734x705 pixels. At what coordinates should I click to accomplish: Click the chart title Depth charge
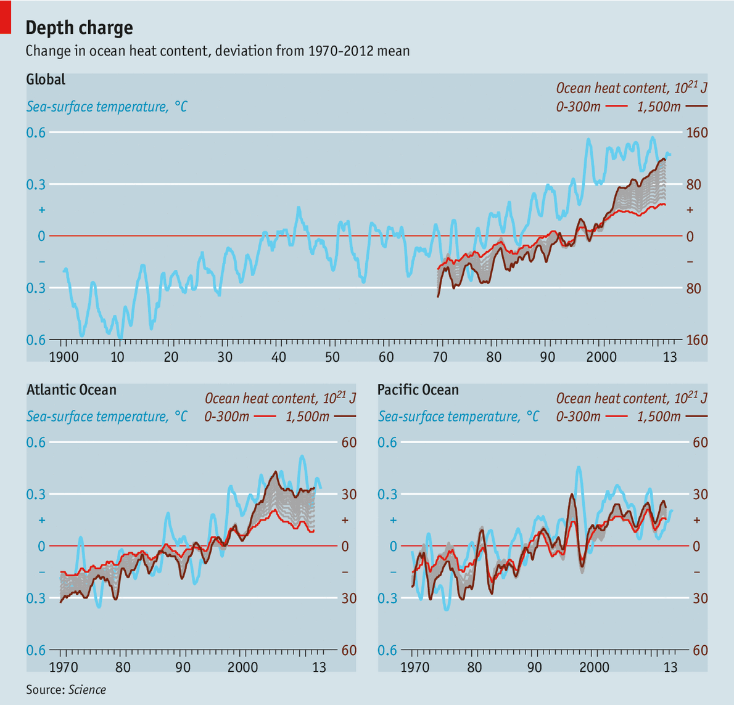[x=79, y=28]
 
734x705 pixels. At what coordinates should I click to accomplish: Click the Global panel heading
[x=46, y=79]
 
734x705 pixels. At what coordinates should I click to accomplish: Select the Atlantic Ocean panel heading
[x=71, y=389]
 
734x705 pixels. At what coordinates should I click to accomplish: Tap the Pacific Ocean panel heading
[x=418, y=389]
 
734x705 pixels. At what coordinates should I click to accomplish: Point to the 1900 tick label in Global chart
[x=64, y=357]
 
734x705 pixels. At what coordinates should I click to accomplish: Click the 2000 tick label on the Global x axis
[x=601, y=357]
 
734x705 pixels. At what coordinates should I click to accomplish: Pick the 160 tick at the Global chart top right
[x=697, y=132]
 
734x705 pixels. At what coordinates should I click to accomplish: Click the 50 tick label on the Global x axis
[x=332, y=357]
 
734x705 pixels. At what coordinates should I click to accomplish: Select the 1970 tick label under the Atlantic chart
[x=64, y=667]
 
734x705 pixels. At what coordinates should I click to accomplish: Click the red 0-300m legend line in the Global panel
[x=616, y=107]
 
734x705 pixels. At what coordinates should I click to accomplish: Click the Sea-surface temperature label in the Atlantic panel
[x=107, y=417]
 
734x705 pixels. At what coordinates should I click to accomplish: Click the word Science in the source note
[x=87, y=690]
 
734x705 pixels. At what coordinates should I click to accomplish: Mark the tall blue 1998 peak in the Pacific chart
[x=579, y=468]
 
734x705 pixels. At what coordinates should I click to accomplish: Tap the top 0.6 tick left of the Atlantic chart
[x=36, y=442]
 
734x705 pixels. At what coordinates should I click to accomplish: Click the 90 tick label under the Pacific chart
[x=534, y=667]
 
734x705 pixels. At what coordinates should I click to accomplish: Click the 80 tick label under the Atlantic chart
[x=123, y=667]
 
